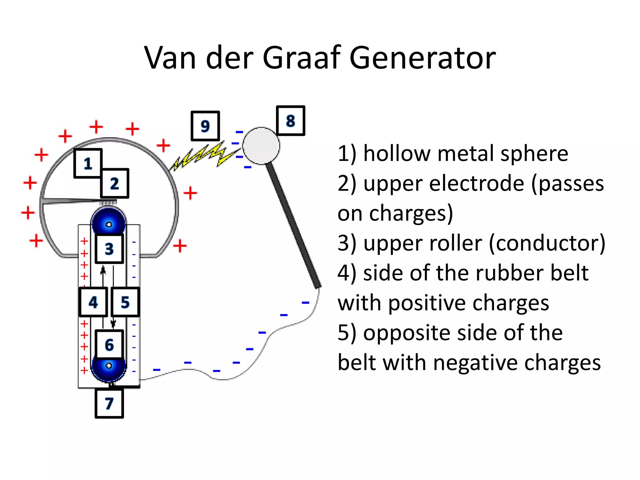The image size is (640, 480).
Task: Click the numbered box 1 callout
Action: tap(88, 163)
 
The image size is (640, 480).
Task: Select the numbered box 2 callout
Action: tap(114, 183)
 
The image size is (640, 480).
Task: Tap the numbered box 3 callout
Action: tap(109, 249)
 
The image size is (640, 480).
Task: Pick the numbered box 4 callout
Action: tap(93, 302)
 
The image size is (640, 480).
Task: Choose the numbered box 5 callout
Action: tap(125, 302)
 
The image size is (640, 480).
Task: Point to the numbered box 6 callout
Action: tap(109, 345)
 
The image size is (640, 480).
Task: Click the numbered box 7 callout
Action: tap(109, 403)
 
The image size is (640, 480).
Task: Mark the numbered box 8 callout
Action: tap(290, 121)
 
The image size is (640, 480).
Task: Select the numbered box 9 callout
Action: tap(205, 126)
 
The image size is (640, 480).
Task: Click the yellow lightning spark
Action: tap(203, 156)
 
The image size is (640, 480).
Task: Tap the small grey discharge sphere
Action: tap(261, 146)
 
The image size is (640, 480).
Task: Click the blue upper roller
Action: tap(108, 220)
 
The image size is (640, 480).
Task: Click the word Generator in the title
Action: tap(422, 58)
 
